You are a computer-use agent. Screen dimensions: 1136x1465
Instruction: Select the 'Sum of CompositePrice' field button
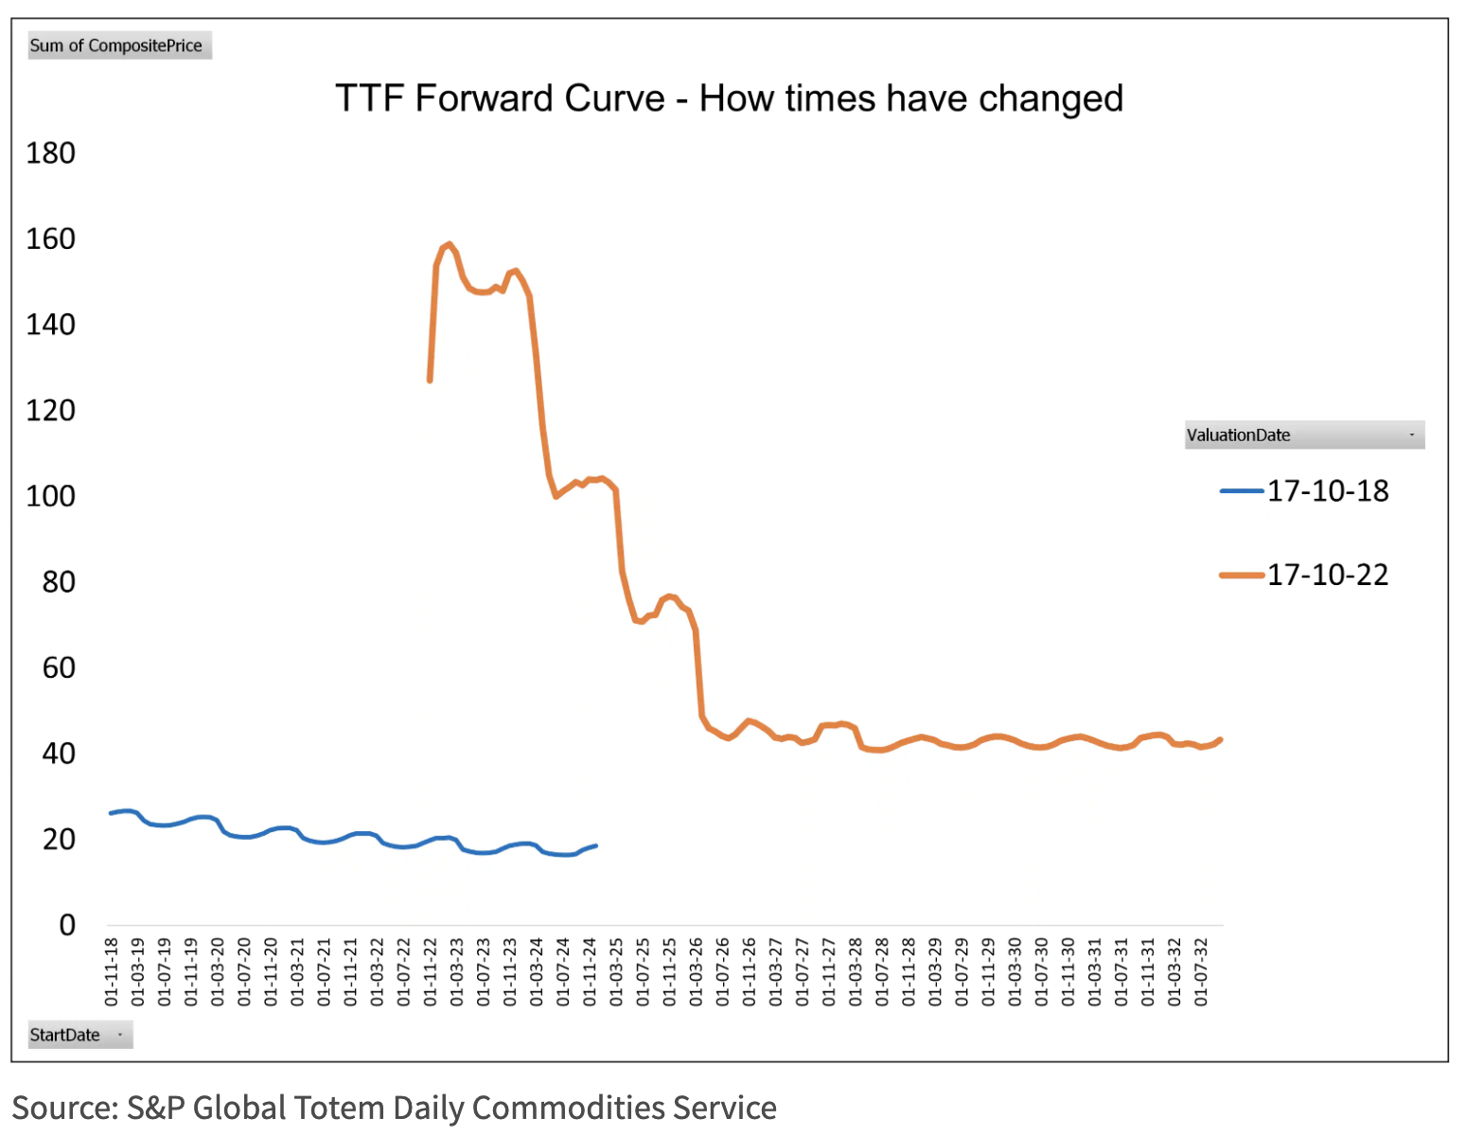tap(119, 45)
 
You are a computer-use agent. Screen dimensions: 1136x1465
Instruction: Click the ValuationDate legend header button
tap(1303, 435)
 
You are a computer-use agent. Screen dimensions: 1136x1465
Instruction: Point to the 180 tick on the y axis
tap(50, 153)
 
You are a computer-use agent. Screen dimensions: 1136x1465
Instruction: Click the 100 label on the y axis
tap(50, 496)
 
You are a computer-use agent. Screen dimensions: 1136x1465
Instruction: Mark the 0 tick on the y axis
tap(66, 925)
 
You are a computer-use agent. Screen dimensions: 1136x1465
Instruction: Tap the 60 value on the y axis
tap(59, 668)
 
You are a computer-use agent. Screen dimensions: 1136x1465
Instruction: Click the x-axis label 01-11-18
tap(112, 971)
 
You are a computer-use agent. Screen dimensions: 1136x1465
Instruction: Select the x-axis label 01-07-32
tap(1201, 971)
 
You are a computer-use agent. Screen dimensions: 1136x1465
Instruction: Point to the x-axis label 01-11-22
tap(431, 971)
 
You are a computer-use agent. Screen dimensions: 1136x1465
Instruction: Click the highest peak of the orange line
tap(450, 244)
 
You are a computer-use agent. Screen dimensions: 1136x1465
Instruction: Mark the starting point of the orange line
tap(430, 381)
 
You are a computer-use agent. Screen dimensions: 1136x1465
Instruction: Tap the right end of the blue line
tap(595, 845)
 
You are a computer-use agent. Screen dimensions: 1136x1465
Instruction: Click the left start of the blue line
tap(111, 813)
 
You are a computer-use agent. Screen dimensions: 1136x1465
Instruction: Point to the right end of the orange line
tap(1221, 739)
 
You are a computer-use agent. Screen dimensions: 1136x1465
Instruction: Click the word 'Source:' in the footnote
tap(64, 1108)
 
